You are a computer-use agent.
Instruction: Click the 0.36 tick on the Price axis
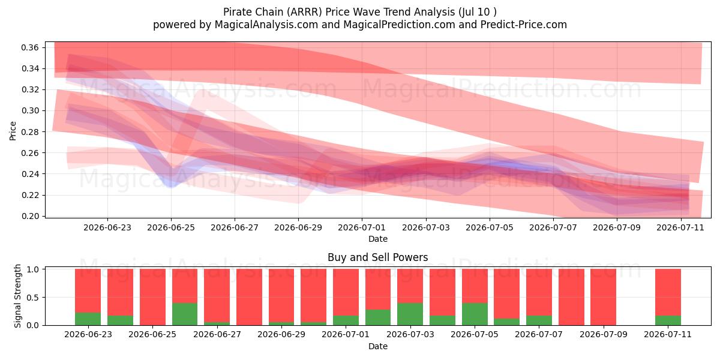tap(30, 47)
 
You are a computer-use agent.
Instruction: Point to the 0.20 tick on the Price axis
tap(30, 216)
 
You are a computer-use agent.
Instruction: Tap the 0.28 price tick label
tap(30, 132)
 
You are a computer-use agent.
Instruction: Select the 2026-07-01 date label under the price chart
tap(362, 227)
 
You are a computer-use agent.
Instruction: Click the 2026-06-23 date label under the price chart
tap(107, 227)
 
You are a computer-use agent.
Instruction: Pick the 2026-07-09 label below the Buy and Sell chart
tap(604, 334)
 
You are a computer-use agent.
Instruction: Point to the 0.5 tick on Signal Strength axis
tap(32, 298)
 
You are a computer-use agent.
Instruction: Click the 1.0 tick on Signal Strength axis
tap(32, 269)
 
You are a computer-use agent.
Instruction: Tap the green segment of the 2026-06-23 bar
tap(88, 319)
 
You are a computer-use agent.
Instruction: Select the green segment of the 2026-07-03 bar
tap(410, 314)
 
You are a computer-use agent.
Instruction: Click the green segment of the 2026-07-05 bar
tap(475, 314)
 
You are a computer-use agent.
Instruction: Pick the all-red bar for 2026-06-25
tap(152, 297)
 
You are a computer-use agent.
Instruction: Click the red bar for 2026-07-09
tap(604, 297)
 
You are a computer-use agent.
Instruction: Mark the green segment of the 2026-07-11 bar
tap(668, 320)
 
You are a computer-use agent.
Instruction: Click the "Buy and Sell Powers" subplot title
tap(377, 257)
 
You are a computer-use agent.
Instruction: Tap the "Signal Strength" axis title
tap(17, 296)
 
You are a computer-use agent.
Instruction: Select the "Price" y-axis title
tap(13, 131)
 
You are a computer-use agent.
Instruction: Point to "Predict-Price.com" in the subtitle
tap(524, 25)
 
